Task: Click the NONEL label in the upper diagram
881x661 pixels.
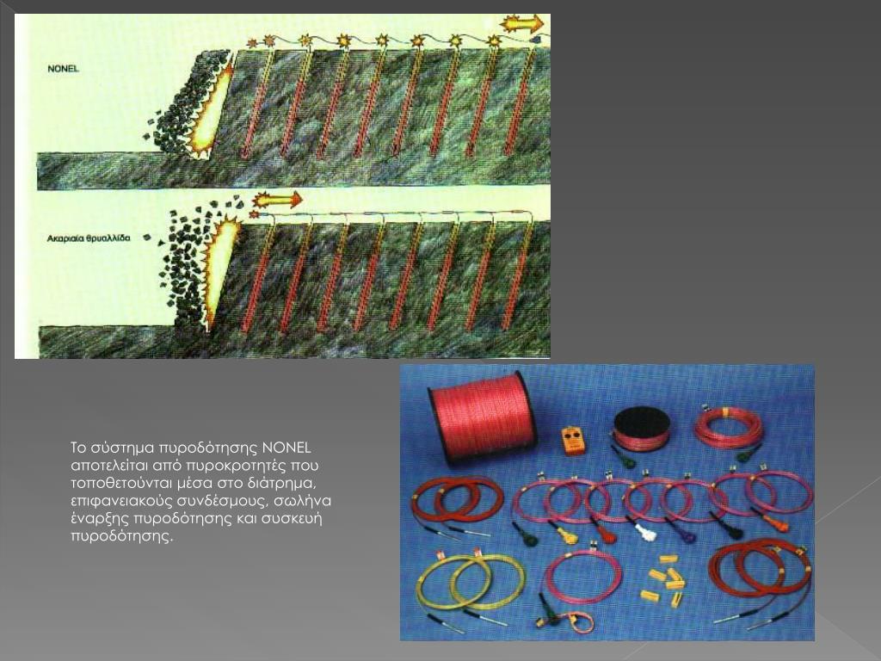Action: click(63, 69)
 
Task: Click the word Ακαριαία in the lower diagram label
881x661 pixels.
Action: click(65, 238)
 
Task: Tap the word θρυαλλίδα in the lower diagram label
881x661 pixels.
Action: click(108, 238)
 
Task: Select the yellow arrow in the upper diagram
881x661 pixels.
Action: click(522, 23)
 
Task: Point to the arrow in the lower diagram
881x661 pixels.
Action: click(277, 200)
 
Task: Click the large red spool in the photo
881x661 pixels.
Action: click(482, 417)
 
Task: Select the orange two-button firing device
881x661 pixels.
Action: click(573, 440)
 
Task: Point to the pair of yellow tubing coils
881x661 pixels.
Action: click(472, 581)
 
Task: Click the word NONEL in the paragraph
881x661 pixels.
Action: click(286, 448)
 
